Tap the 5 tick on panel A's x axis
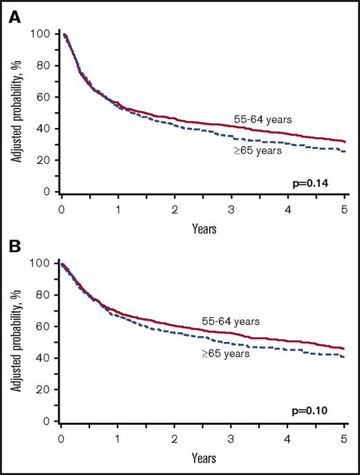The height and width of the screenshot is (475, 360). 344,209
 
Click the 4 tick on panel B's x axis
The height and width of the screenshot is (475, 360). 288,439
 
